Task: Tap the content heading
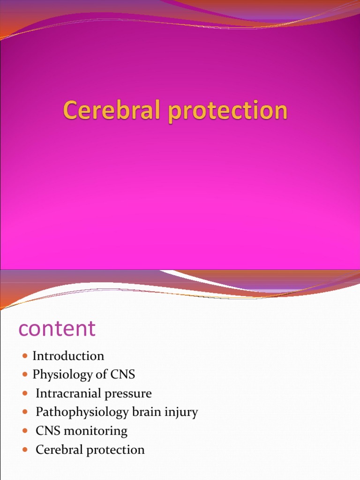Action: [57, 329]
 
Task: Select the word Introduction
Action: [68, 356]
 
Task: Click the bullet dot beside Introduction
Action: [25, 357]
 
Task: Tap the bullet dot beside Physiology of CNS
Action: [25, 375]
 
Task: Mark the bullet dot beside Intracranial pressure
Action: [25, 394]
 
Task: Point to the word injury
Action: [182, 412]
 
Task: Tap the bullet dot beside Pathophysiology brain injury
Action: [25, 413]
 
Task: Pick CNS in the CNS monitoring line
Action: [49, 431]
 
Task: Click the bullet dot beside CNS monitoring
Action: [25, 432]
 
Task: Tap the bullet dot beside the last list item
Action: [25, 450]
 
